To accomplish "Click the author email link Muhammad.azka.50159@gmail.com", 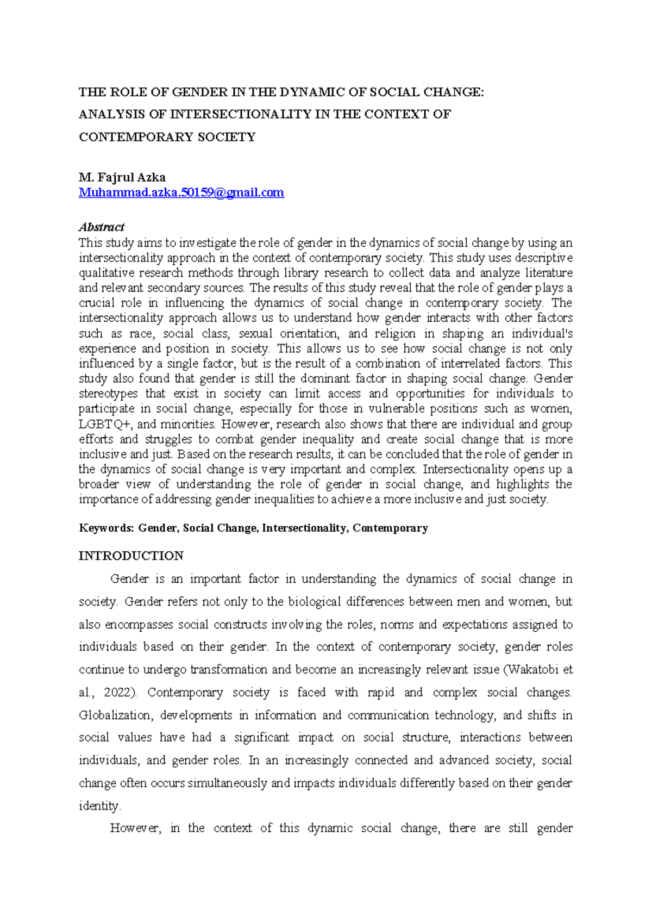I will pyautogui.click(x=181, y=192).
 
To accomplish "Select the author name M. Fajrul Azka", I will pyautogui.click(x=122, y=177).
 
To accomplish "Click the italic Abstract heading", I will pyautogui.click(x=102, y=227).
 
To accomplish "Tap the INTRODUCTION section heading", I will pyautogui.click(x=131, y=556).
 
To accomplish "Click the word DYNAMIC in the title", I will pyautogui.click(x=312, y=92).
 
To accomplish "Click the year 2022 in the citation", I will pyautogui.click(x=117, y=693).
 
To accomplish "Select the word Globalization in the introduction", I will pyautogui.click(x=115, y=715).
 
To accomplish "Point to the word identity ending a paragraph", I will pyautogui.click(x=98, y=806).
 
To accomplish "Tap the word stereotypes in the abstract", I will pyautogui.click(x=108, y=394).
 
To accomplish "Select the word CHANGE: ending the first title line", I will pyautogui.click(x=453, y=92).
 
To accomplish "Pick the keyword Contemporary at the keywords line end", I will pyautogui.click(x=390, y=528).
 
